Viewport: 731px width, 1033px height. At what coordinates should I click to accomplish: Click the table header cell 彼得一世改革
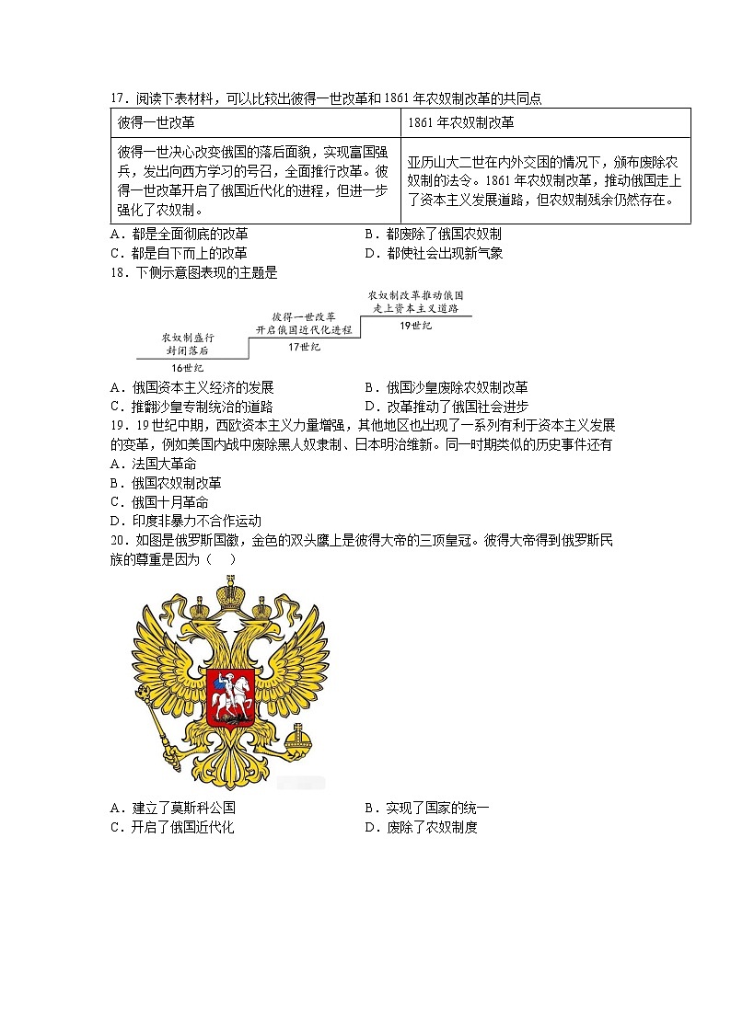click(x=157, y=122)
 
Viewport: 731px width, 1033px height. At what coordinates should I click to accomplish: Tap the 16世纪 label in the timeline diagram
click(x=188, y=368)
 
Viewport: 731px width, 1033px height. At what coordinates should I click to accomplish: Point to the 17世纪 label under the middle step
click(x=304, y=347)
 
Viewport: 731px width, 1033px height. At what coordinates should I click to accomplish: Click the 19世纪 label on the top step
click(x=415, y=326)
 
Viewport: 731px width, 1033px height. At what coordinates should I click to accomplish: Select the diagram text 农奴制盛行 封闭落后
click(x=188, y=344)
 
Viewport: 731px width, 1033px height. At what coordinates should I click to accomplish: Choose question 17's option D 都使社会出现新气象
click(x=434, y=253)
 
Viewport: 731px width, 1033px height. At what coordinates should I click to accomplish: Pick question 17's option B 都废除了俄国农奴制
click(x=433, y=234)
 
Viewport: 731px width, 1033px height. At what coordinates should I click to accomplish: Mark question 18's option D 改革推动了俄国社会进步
click(x=446, y=407)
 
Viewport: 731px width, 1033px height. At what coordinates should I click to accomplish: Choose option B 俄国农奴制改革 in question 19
click(x=165, y=483)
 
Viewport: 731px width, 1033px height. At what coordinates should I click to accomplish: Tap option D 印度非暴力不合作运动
click(x=185, y=522)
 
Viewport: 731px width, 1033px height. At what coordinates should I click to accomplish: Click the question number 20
click(x=117, y=541)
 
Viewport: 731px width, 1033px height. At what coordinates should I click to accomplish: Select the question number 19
click(x=117, y=426)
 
